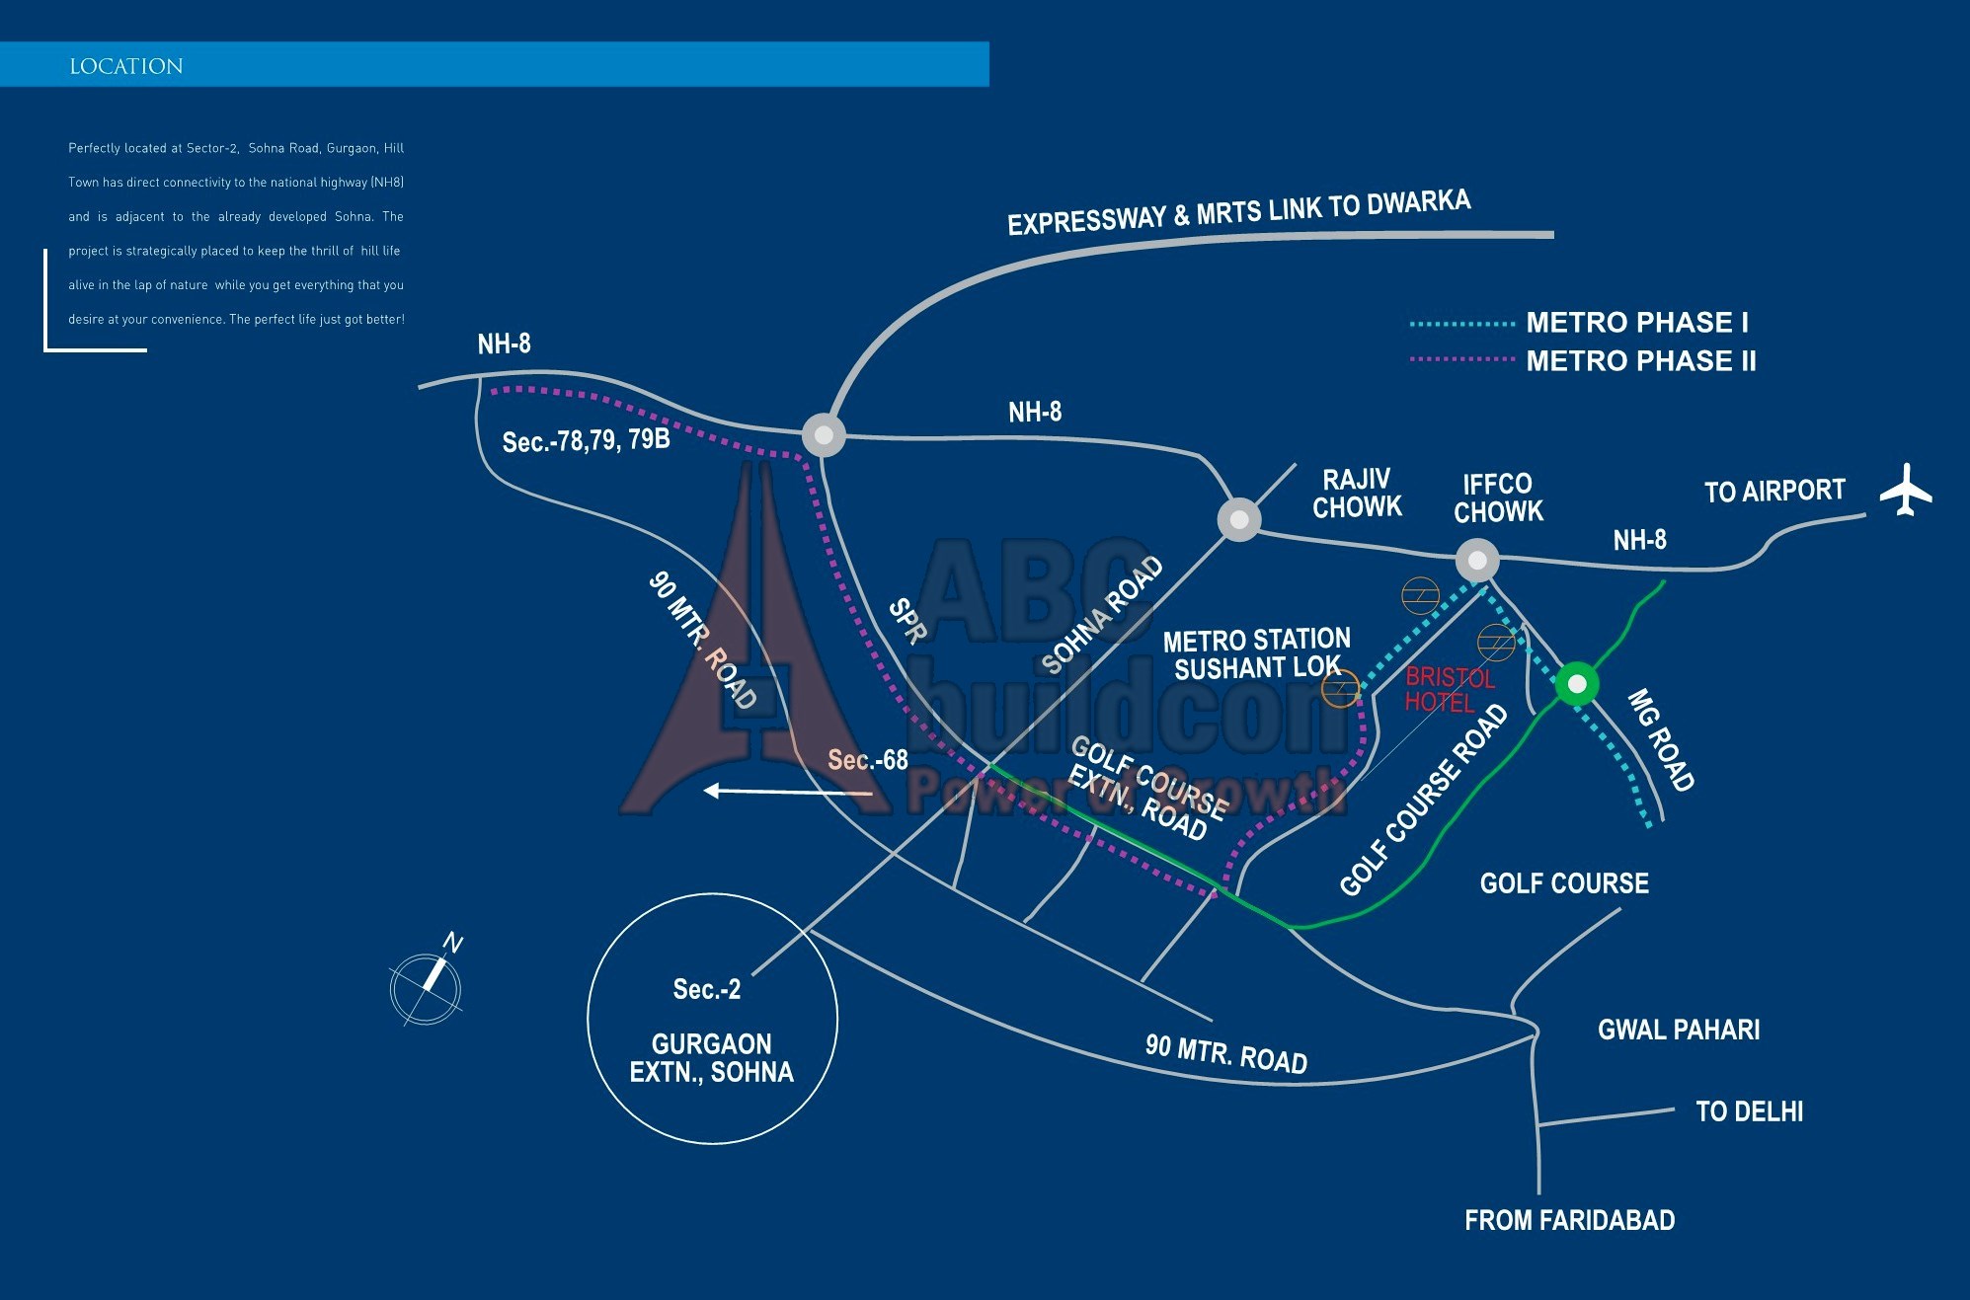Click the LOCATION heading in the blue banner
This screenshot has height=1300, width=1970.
[x=126, y=66]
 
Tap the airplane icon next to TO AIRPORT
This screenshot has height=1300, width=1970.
[x=1905, y=490]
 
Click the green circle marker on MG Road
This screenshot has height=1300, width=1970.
[x=1577, y=683]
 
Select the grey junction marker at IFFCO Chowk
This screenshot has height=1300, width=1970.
[x=1477, y=560]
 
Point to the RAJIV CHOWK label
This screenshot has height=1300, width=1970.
[x=1357, y=494]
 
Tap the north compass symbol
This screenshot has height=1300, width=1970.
[x=427, y=984]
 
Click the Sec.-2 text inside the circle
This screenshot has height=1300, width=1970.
[x=706, y=989]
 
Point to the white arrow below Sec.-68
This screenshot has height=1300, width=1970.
[x=787, y=791]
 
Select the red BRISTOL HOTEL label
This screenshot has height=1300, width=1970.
[x=1449, y=690]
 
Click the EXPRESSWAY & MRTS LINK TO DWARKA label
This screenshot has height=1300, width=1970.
[x=1238, y=212]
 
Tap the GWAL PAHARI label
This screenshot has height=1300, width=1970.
[x=1678, y=1030]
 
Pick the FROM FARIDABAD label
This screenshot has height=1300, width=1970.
[x=1569, y=1220]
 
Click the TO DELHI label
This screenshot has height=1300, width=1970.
[x=1749, y=1111]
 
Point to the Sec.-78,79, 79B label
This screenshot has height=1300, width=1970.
[x=586, y=440]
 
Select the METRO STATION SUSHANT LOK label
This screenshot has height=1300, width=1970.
[x=1256, y=654]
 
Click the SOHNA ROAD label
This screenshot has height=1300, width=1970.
[x=1102, y=615]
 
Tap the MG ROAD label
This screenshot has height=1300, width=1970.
[x=1660, y=740]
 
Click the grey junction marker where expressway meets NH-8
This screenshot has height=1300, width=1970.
[x=824, y=435]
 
